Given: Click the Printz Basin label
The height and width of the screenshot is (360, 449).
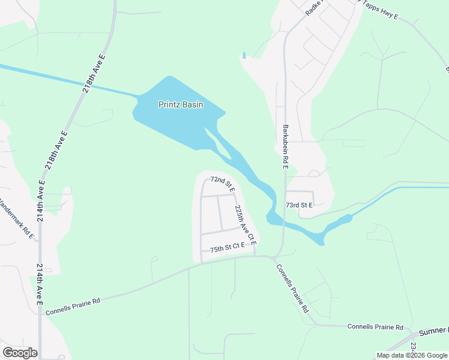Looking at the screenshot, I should tap(180, 104).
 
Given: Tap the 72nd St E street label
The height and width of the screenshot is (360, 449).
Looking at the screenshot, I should tap(221, 180).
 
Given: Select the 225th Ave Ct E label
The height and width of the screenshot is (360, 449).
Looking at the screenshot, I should tap(246, 226).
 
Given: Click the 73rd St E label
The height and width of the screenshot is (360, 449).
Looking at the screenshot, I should tap(299, 205).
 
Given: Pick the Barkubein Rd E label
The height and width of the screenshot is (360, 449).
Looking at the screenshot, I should tap(285, 146).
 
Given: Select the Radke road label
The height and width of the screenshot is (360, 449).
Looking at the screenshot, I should tap(315, 7).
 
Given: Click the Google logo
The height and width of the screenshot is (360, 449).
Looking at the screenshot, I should tap(20, 352).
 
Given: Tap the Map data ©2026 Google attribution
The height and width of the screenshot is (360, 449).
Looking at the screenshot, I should tap(412, 355).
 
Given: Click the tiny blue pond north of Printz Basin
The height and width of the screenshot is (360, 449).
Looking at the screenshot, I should tap(244, 56).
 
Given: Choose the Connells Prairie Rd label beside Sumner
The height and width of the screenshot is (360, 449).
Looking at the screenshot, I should tap(375, 326).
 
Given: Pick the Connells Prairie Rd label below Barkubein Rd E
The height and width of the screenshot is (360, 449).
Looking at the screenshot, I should tap(292, 289).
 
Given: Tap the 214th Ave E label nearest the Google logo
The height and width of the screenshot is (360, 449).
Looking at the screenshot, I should tap(40, 284).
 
